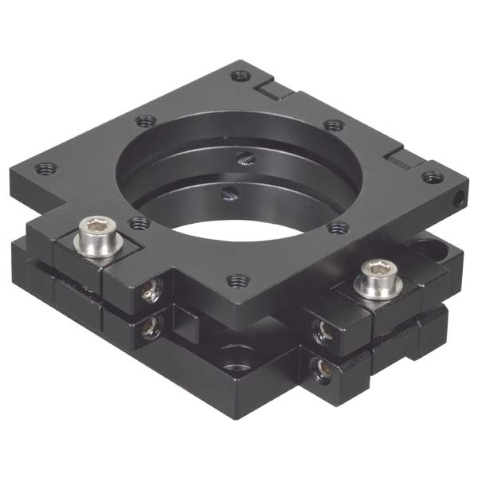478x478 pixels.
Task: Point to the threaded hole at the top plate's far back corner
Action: pyautogui.click(x=240, y=76)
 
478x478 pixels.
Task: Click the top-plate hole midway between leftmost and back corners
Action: pyautogui.click(x=145, y=122)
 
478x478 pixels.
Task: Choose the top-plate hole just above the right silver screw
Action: pyautogui.click(x=338, y=228)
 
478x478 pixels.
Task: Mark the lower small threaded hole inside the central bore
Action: pyautogui.click(x=230, y=191)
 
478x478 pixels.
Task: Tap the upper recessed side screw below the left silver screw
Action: pyautogui.click(x=149, y=295)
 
